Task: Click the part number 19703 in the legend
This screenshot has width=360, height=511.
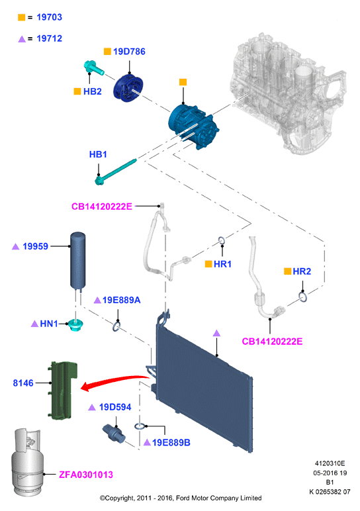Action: (49, 17)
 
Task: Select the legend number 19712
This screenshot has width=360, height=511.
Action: (49, 38)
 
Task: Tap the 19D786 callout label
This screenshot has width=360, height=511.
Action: (129, 52)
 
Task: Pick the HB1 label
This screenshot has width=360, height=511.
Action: (98, 154)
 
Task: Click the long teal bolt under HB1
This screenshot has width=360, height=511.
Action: (116, 172)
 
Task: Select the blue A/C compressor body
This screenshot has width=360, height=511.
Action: (193, 126)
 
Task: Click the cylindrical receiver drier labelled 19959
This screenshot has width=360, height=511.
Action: (78, 260)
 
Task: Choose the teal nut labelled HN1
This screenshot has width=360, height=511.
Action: (76, 326)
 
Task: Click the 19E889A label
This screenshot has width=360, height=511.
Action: (121, 300)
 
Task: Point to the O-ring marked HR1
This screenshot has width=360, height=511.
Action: (221, 241)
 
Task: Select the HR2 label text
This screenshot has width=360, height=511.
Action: (302, 271)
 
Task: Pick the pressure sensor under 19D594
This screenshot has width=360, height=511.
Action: (114, 434)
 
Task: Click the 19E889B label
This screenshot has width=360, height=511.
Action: (171, 443)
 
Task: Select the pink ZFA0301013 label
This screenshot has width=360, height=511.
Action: (86, 475)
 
